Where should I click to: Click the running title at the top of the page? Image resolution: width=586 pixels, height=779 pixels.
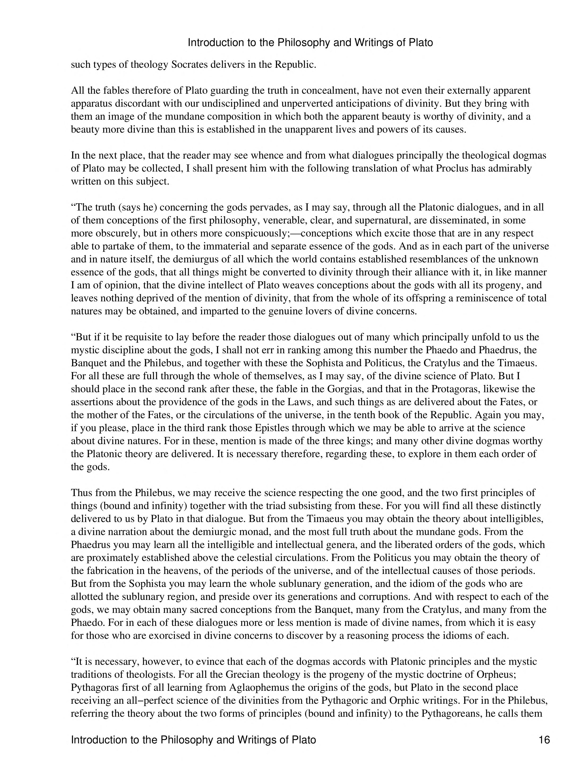click(310, 43)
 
